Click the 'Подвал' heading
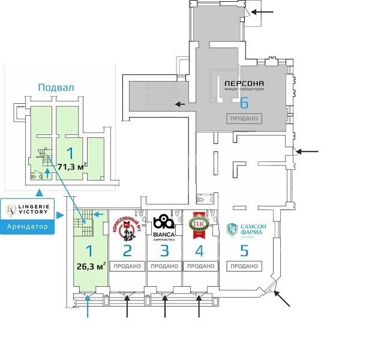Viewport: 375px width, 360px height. point(56,88)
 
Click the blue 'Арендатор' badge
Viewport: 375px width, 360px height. point(27,227)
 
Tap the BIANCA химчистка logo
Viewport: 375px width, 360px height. point(164,227)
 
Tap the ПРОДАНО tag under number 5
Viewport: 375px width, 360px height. point(244,266)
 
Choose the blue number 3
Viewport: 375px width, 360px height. point(164,251)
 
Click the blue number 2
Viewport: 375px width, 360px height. point(127,251)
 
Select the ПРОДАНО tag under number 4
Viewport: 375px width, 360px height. point(200,266)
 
